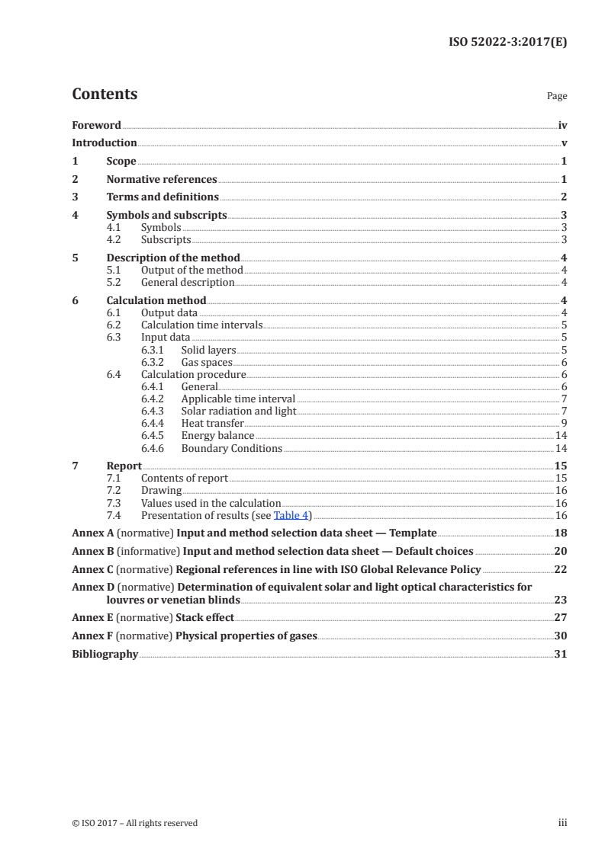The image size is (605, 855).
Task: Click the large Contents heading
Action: tap(105, 94)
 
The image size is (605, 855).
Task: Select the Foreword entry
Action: tap(96, 125)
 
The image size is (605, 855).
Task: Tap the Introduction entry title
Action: tap(105, 142)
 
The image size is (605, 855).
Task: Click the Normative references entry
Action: tap(162, 180)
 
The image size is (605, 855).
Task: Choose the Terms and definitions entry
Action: tap(163, 197)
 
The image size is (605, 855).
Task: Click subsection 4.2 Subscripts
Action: tap(166, 239)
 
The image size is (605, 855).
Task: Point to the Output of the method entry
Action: tap(191, 270)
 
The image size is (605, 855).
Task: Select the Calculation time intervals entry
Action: tap(201, 325)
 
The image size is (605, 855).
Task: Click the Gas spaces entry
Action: tap(206, 363)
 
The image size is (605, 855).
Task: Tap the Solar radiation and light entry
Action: tap(238, 411)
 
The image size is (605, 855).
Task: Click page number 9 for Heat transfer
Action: tap(563, 424)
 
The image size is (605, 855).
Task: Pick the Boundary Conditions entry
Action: tap(231, 448)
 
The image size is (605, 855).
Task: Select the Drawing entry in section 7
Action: tap(161, 491)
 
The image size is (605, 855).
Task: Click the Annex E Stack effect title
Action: tap(204, 617)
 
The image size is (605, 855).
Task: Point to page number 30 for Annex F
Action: tap(561, 636)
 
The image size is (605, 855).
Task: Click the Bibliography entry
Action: tap(105, 654)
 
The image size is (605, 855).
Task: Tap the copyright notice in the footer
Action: tap(134, 823)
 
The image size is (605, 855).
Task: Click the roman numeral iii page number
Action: tap(562, 823)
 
